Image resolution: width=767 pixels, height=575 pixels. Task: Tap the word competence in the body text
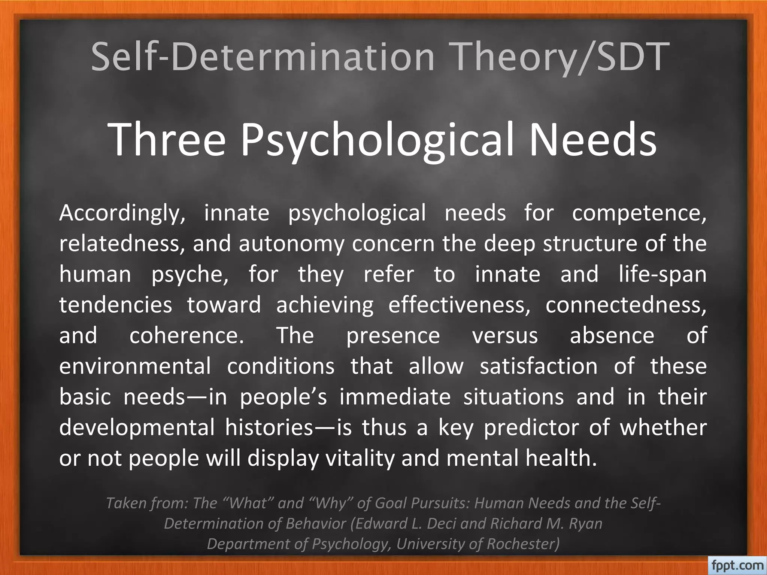639,214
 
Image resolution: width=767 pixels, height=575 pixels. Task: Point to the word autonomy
291,244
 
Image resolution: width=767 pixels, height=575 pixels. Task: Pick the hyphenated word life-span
663,274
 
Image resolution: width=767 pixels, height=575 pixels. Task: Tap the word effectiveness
459,305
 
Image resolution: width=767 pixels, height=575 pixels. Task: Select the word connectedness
626,305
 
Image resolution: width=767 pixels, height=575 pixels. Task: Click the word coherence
187,336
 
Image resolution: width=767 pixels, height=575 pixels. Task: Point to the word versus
505,336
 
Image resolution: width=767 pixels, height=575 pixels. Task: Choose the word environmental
135,366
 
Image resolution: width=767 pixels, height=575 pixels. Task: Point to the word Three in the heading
167,140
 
